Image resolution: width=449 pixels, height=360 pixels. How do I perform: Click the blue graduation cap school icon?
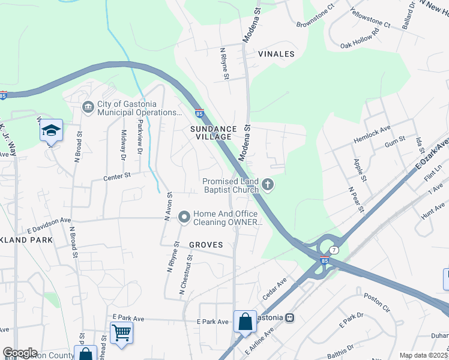52,130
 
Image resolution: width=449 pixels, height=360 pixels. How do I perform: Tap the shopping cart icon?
121,332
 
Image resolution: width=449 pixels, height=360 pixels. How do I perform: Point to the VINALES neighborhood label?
276,54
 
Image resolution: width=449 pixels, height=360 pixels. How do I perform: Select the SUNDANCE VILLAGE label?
211,133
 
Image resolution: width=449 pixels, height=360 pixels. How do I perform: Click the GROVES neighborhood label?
206,245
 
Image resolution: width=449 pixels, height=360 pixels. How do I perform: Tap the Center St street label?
116,176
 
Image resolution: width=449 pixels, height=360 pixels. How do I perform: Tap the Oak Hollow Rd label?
360,38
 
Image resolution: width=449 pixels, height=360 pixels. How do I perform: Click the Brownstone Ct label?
315,18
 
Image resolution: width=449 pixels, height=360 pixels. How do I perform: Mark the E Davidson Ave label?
49,229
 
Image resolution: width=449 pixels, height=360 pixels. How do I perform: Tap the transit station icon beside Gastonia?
290,317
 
